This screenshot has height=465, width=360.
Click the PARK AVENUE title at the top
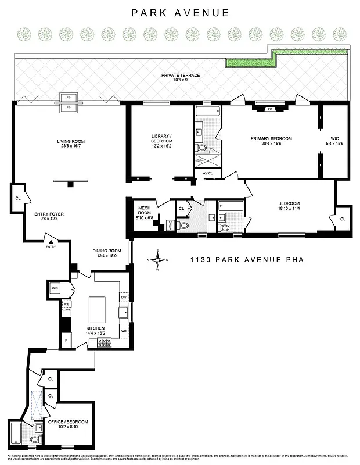click(x=180, y=12)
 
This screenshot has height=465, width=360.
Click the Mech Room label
click(x=144, y=210)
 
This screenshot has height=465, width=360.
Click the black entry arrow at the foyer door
click(x=51, y=241)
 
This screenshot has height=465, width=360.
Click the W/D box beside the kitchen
click(x=55, y=288)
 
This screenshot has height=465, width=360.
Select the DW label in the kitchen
click(x=124, y=297)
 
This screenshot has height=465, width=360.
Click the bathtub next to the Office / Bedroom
click(x=17, y=433)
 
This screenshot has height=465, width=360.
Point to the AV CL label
click(x=207, y=173)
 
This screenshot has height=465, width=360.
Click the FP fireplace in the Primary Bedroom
click(x=270, y=109)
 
